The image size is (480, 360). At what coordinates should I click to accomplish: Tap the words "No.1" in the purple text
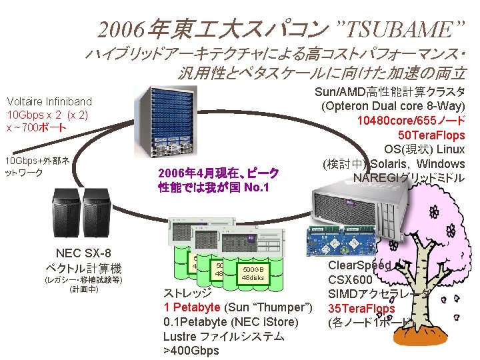pos(257,187)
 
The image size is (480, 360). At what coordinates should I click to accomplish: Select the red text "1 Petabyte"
pos(191,307)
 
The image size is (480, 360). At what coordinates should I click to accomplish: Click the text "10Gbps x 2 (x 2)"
pos(47,115)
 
